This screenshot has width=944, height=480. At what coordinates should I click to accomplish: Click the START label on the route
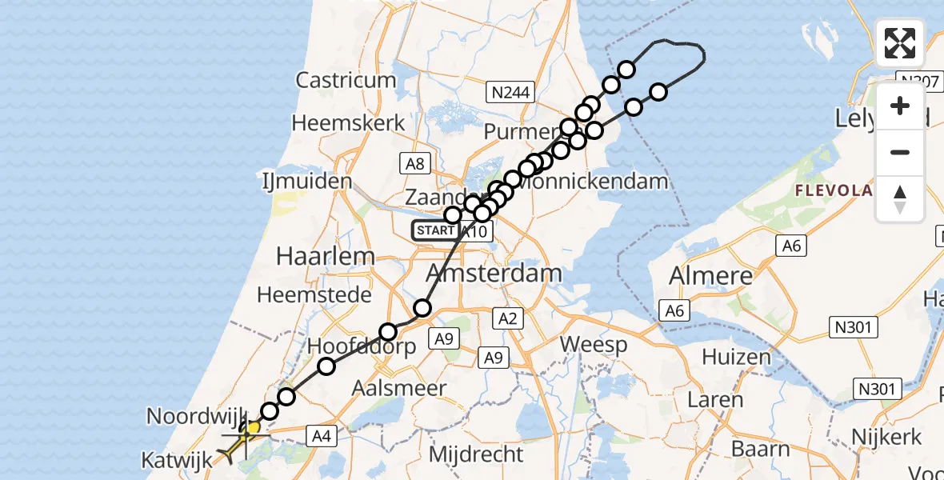(x=435, y=231)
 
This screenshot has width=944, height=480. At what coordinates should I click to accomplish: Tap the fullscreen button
(x=900, y=43)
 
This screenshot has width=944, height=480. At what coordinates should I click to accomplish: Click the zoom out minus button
(x=900, y=152)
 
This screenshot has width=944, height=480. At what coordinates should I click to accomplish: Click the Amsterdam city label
(x=494, y=274)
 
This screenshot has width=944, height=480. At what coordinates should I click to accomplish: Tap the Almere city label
(x=711, y=277)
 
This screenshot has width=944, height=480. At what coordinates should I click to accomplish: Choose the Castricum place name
(x=346, y=80)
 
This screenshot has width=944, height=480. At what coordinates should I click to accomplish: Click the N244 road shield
(x=510, y=93)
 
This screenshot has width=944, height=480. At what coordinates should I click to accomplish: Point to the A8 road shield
(x=414, y=164)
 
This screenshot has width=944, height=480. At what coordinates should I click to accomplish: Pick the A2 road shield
(x=510, y=318)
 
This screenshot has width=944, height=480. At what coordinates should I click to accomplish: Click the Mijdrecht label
(x=476, y=454)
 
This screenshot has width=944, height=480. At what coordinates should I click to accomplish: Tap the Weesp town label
(x=594, y=345)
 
